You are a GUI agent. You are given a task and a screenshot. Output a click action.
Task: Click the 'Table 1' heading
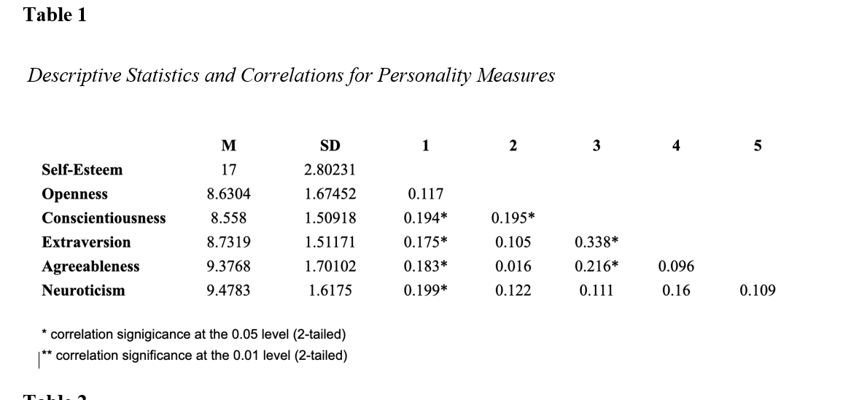(x=55, y=15)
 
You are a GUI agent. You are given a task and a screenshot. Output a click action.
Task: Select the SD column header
(x=330, y=145)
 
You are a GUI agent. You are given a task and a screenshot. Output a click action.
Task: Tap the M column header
(x=228, y=145)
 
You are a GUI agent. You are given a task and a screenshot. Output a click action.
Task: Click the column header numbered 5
(x=757, y=145)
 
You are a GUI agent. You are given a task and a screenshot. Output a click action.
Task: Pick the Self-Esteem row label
(x=82, y=170)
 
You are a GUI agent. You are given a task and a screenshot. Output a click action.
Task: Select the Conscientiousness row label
(x=104, y=218)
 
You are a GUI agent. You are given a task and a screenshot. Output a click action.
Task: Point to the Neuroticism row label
(x=83, y=291)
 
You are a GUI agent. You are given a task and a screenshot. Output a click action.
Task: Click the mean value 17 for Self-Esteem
(x=228, y=170)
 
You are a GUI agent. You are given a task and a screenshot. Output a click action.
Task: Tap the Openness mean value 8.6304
(x=228, y=194)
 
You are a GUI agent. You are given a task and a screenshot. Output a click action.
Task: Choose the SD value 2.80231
(x=330, y=170)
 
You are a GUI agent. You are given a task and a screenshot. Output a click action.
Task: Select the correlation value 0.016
(x=513, y=266)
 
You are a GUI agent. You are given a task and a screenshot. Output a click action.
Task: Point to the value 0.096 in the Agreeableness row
(x=676, y=266)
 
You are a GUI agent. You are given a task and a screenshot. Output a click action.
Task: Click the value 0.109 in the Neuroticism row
(x=757, y=291)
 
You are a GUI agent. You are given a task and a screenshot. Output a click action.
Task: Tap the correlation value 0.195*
(x=513, y=218)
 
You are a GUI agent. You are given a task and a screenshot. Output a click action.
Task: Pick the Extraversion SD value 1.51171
(x=330, y=242)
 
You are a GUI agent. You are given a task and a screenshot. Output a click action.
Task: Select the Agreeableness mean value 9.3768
(x=228, y=266)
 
